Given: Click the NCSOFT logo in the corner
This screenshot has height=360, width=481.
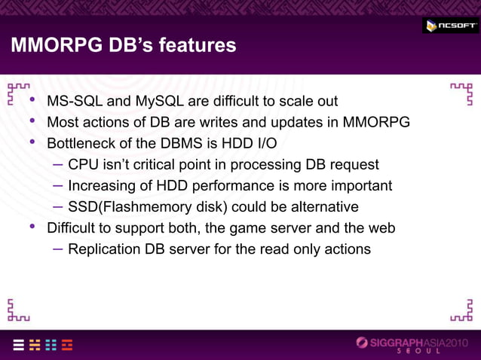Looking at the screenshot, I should pyautogui.click(x=449, y=26).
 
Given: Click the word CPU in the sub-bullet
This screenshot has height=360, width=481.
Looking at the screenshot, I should pyautogui.click(x=83, y=164).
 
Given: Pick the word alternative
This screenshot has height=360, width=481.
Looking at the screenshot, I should pyautogui.click(x=317, y=206).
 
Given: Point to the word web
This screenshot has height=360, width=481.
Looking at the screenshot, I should pyautogui.click(x=381, y=227).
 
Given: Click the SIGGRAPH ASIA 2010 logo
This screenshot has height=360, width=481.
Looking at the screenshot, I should pyautogui.click(x=415, y=343).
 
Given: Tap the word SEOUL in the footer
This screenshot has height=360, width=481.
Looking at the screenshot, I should pyautogui.click(x=421, y=353).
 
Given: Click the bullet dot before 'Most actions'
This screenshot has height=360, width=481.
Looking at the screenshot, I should pyautogui.click(x=32, y=121).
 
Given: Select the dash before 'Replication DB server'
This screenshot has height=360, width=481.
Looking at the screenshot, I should pyautogui.click(x=58, y=249).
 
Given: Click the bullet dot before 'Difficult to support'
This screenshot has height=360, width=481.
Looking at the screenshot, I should pyautogui.click(x=32, y=227).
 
